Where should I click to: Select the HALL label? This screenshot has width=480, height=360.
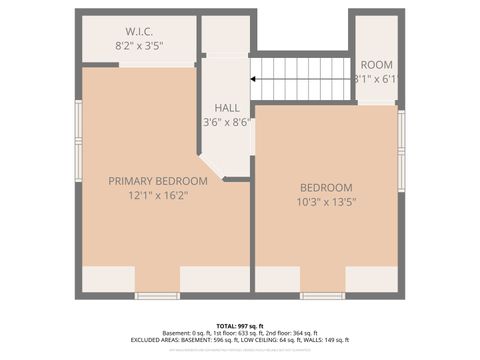coord(227,107)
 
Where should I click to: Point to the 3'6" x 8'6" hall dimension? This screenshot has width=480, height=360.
coord(226,122)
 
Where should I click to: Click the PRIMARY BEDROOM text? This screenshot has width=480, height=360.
coord(158,181)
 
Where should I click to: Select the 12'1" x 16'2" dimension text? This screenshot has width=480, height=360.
coord(158,195)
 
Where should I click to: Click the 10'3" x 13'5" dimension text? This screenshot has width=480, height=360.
coord(327,202)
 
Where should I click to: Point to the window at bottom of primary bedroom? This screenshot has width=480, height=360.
coord(157,295)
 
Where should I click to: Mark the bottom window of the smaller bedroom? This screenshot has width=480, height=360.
coord(322,295)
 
